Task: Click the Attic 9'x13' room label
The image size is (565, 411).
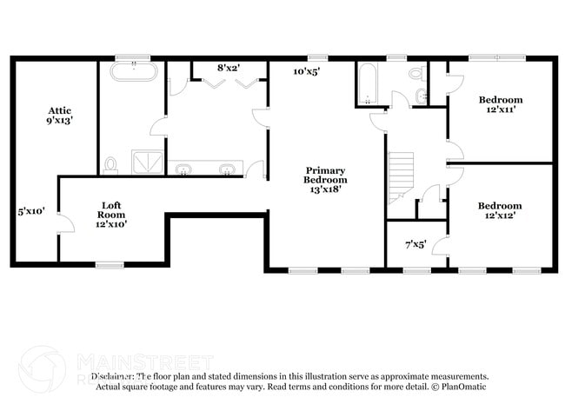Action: pos(59,116)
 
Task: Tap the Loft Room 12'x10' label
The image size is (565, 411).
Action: pos(111,214)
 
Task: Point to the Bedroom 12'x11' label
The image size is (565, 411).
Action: pos(501,105)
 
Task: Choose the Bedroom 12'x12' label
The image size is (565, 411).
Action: pos(501,211)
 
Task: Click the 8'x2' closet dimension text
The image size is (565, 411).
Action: pos(229,67)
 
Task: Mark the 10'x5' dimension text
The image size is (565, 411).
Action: pos(306,72)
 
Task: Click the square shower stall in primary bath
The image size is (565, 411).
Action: pos(146,162)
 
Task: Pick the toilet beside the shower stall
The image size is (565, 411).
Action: pos(110,163)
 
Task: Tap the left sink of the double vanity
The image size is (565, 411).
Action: pos(185,169)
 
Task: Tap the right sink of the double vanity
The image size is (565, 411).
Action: pos(228,169)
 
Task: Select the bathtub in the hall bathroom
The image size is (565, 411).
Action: pos(365,83)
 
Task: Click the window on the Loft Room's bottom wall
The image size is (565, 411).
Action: pos(109,264)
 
